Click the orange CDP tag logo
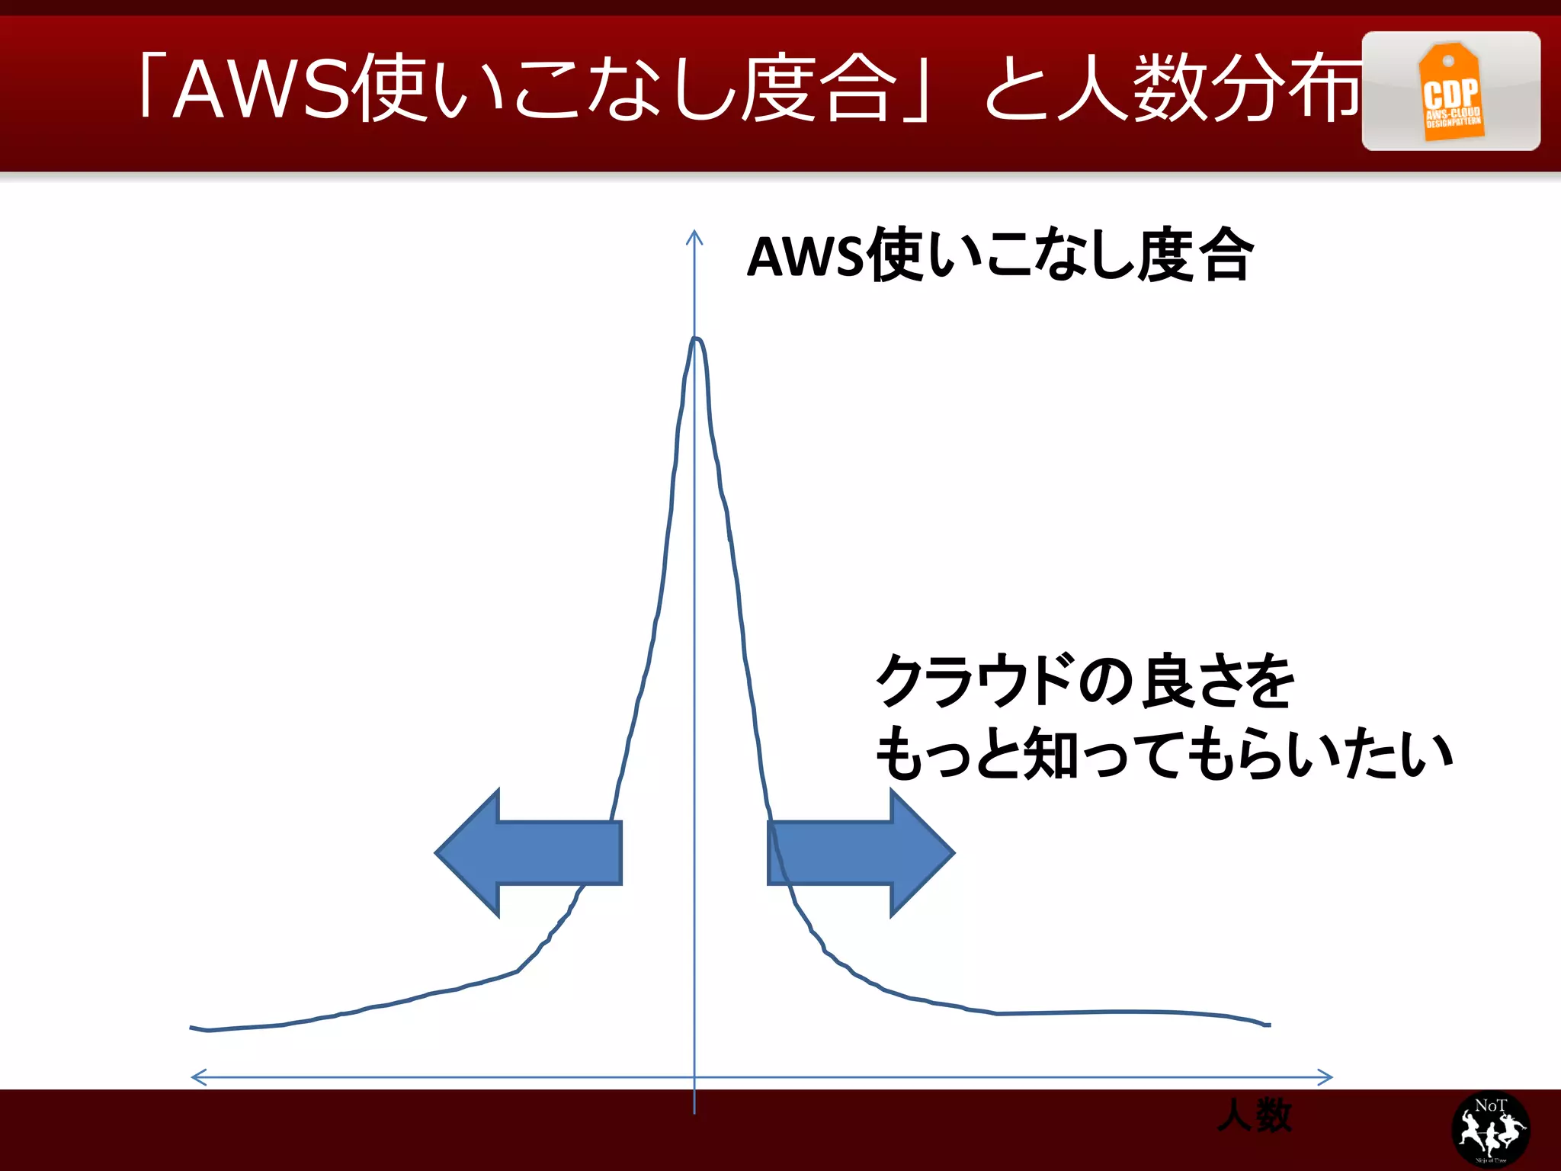[x=1450, y=92]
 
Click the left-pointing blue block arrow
[x=529, y=852]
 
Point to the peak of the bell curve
[x=695, y=340]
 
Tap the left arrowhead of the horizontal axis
[x=197, y=1077]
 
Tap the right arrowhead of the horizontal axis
[x=1326, y=1077]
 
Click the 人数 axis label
[x=1255, y=1115]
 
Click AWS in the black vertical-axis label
[x=805, y=257]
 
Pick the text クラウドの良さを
[x=1085, y=680]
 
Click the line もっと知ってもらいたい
[x=1163, y=754]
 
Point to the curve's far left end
[x=192, y=1028]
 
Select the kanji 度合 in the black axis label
[x=1195, y=255]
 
